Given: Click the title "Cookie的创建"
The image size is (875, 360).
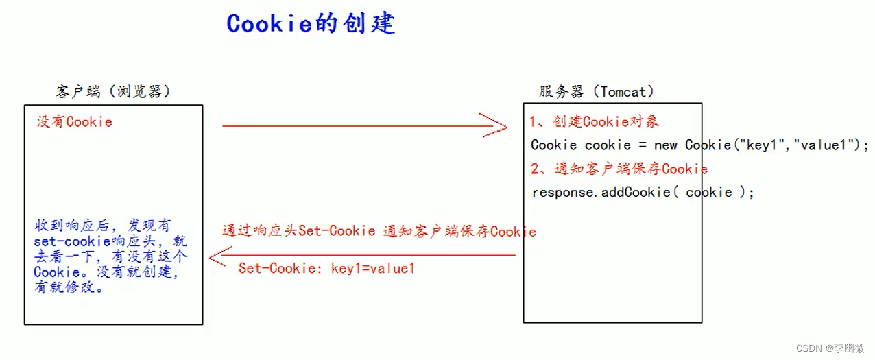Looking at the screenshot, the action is pyautogui.click(x=310, y=23).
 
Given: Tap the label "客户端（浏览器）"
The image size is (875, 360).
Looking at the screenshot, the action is pyautogui.click(x=112, y=91).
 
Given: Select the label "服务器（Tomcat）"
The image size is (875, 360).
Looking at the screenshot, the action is pyautogui.click(x=596, y=91).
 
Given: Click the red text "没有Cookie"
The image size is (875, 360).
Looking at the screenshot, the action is pyautogui.click(x=74, y=122).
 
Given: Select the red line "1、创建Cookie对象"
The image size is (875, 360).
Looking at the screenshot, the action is pyautogui.click(x=594, y=122).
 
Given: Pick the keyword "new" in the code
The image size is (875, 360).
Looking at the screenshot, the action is pyautogui.click(x=665, y=145).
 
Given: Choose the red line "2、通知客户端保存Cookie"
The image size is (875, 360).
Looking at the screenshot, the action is pyautogui.click(x=619, y=169).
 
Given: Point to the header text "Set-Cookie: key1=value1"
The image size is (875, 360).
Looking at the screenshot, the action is pyautogui.click(x=326, y=268).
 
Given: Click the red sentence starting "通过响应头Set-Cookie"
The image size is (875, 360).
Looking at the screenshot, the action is pyautogui.click(x=379, y=231).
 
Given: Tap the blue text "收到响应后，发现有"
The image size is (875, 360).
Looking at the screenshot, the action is pyautogui.click(x=103, y=226).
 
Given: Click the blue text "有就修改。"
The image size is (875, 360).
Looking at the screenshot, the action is pyautogui.click(x=69, y=288).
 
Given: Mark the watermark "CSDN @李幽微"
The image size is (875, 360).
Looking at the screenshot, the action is pyautogui.click(x=830, y=348).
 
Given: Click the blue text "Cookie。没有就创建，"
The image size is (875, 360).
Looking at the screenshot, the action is pyautogui.click(x=106, y=272).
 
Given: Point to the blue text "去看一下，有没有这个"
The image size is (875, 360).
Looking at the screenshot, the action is pyautogui.click(x=110, y=256).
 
